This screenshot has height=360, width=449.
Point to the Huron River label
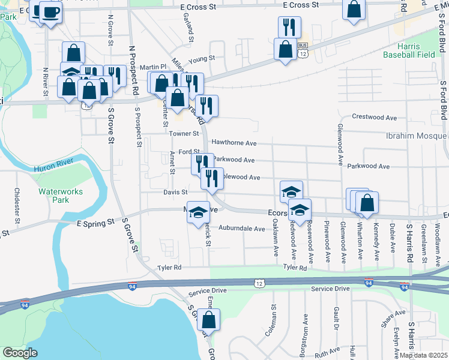[53, 170]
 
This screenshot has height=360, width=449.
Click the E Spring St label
[95, 223]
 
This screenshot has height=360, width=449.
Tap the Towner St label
[183, 133]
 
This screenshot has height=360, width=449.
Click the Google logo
[20, 353]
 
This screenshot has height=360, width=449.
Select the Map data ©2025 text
[424, 355]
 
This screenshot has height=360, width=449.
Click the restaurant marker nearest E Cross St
[289, 26]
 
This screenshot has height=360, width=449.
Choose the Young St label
[201, 59]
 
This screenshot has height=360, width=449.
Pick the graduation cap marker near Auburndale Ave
[197, 213]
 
